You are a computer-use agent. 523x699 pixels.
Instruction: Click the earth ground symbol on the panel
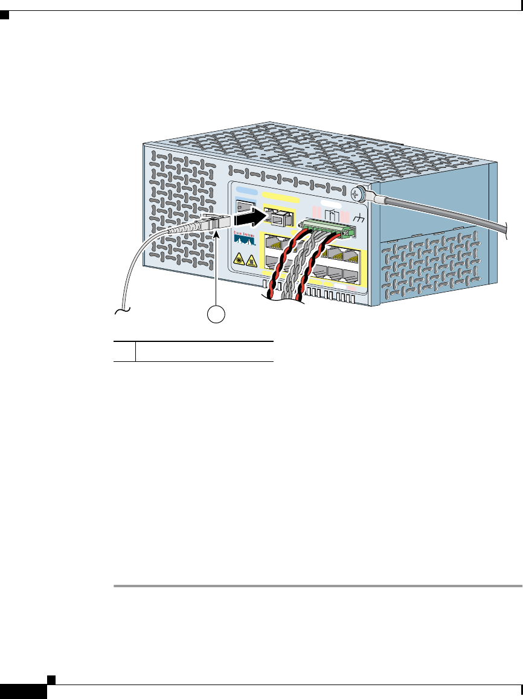(x=361, y=218)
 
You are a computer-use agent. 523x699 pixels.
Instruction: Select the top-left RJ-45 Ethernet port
(x=272, y=242)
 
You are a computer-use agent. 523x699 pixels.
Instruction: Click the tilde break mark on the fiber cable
(x=121, y=312)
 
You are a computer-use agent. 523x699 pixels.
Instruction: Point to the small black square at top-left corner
(x=4, y=17)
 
